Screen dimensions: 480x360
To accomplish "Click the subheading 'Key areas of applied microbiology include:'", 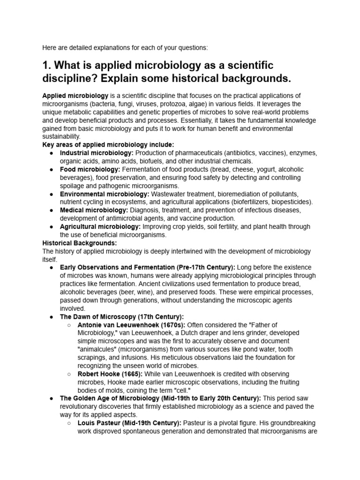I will pos(108,144).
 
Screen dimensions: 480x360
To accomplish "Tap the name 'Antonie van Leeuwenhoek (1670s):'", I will pos(131,324).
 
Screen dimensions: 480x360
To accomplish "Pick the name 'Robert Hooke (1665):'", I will pos(110,374).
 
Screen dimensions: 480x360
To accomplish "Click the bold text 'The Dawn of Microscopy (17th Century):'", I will pos(122,316).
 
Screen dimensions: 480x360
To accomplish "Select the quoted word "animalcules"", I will pos(99,349).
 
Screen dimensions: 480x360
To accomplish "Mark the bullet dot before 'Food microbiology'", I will pos(51,169).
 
